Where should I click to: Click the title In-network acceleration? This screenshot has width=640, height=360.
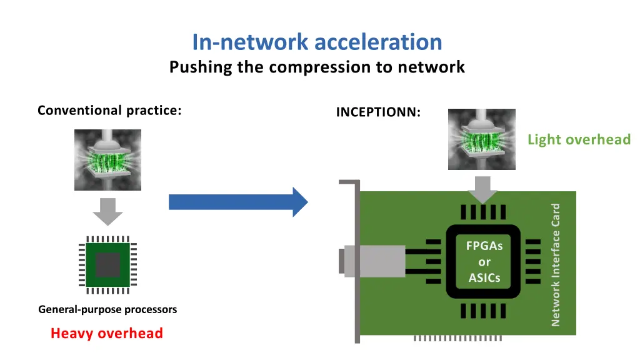coord(317,42)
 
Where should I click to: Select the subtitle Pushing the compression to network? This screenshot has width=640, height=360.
coord(317,67)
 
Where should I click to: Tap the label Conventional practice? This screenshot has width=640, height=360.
coord(109,111)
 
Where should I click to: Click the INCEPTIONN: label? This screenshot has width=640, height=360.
coord(378,112)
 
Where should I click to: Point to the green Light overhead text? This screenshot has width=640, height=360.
coord(579,139)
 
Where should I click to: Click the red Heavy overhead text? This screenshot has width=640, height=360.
coord(106,333)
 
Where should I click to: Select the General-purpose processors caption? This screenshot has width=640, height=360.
coord(107,309)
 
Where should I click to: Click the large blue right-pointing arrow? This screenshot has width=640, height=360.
coord(238,202)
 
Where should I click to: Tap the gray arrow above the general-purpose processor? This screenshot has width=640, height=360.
coord(107,211)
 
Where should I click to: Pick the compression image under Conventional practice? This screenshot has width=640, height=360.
coord(107,160)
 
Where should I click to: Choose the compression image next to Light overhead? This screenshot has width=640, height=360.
coord(481,139)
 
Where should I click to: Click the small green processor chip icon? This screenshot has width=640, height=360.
coord(107,264)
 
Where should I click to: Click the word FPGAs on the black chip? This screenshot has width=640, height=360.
coord(484,246)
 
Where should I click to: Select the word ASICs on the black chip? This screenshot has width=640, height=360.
coord(484,278)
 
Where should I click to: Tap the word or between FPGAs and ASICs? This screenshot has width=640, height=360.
coord(484,262)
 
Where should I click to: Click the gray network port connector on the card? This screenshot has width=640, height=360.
coord(369,260)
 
